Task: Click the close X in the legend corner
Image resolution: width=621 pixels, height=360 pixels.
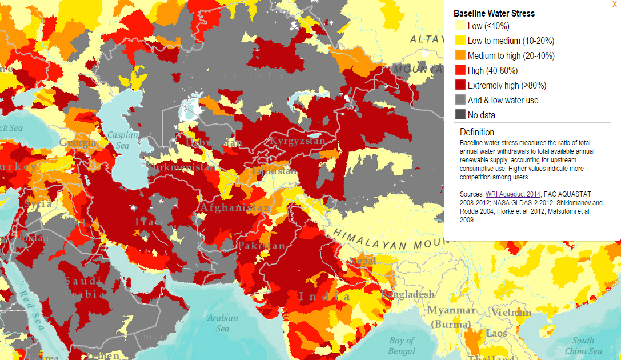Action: click(614, 4)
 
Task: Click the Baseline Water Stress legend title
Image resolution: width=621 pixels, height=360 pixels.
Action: click(494, 13)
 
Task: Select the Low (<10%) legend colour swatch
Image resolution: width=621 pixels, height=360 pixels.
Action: click(460, 26)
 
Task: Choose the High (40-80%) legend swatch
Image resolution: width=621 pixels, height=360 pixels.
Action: click(460, 71)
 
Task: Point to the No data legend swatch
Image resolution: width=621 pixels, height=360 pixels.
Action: click(460, 115)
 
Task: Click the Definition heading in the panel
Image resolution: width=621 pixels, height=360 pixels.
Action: click(477, 132)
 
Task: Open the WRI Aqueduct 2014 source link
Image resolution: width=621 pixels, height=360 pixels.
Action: click(512, 194)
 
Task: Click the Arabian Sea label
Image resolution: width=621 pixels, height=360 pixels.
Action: click(222, 323)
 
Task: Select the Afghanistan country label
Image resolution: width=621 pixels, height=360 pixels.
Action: click(235, 207)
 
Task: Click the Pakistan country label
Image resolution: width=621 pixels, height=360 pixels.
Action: click(261, 246)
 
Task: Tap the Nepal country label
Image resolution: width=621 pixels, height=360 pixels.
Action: click(363, 261)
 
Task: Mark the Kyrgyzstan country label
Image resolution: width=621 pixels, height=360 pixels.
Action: click(297, 141)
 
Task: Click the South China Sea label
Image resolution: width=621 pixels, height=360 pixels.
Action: click(583, 345)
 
